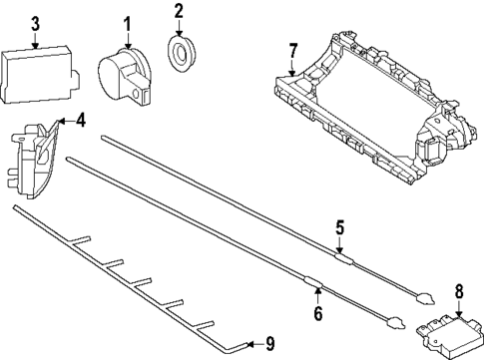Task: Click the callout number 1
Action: pos(127,25)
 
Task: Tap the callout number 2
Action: pos(179,11)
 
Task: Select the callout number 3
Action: pos(35,24)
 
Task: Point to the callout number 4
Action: pos(80,121)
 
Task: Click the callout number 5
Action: pos(339,227)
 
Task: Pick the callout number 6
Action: pos(318,313)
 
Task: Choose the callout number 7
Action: pos(292,52)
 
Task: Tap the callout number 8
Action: pos(459,292)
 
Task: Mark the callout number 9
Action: pos(269,344)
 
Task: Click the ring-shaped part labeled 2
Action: pos(181,54)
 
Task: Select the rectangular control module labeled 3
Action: pos(40,75)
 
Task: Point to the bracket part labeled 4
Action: pos(32,158)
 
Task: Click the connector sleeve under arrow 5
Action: pos(343,258)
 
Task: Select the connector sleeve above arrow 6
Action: pos(314,282)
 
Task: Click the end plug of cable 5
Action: pos(425,298)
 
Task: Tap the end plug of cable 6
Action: pos(395,323)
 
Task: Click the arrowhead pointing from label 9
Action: pos(251,344)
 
